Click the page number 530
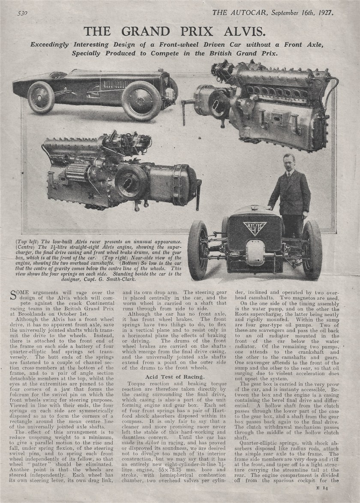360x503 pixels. [x=23, y=13]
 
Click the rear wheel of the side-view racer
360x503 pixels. [x=41, y=97]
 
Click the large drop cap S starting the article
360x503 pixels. [x=13, y=295]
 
